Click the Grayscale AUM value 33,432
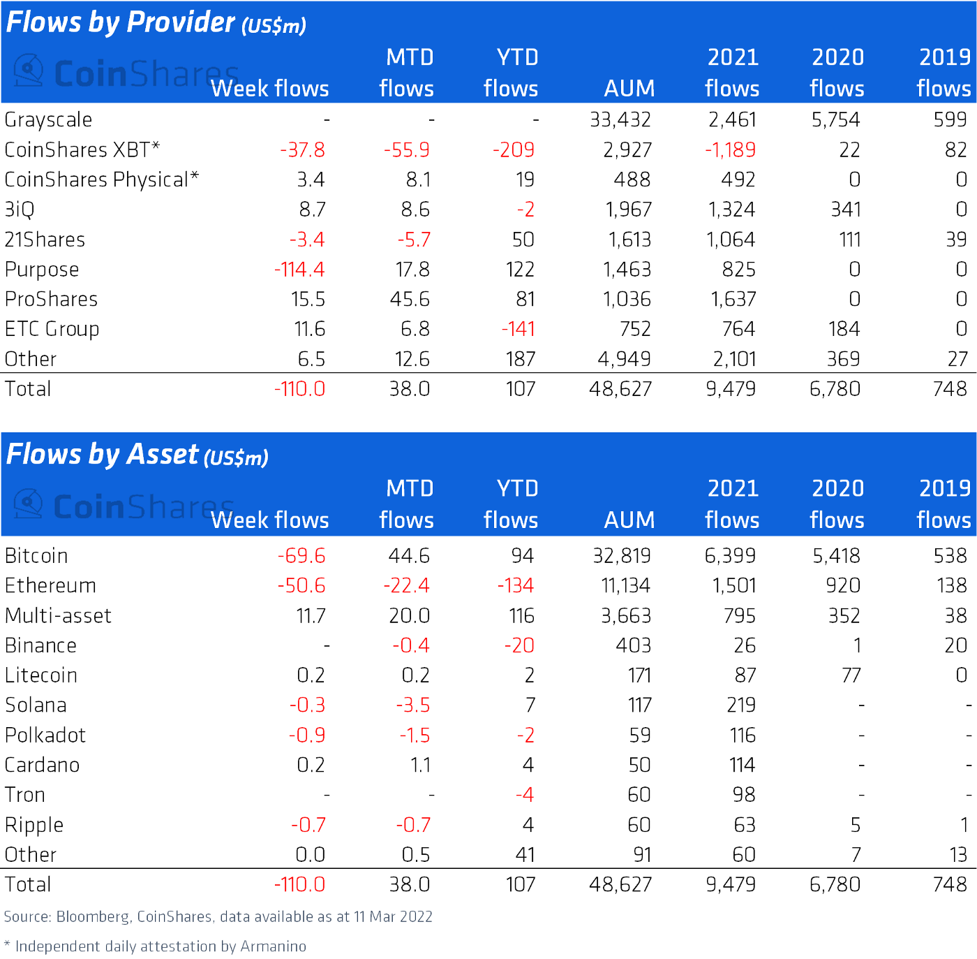point(620,120)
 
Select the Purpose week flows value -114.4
point(299,270)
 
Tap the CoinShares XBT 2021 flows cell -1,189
point(730,150)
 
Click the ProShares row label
point(51,300)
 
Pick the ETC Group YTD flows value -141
point(518,329)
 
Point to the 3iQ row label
point(20,210)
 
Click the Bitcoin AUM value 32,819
point(621,556)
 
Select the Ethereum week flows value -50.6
point(301,586)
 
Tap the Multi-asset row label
point(58,616)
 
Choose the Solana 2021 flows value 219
point(740,705)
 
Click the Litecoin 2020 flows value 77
point(851,675)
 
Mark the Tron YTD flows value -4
point(524,795)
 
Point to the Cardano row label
point(42,766)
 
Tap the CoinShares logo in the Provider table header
point(126,73)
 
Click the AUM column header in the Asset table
point(629,520)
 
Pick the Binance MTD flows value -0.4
point(410,646)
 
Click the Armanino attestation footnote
point(155,946)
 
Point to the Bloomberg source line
point(218,917)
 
